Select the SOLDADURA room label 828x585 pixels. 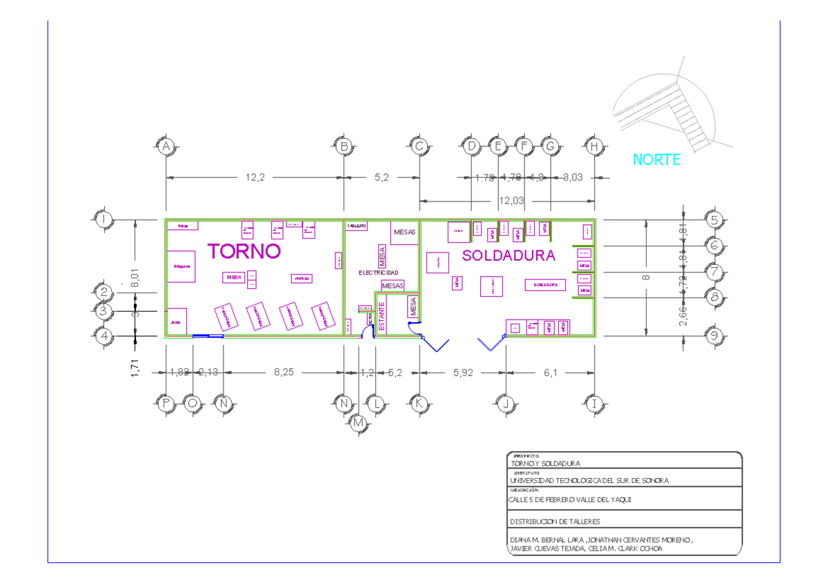tap(509, 255)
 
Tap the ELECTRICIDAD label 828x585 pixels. tap(378, 272)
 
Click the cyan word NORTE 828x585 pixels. tap(656, 160)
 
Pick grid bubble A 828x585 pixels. tap(166, 146)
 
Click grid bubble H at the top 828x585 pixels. tap(594, 146)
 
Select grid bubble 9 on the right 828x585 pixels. tap(715, 337)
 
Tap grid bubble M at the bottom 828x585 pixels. tap(359, 424)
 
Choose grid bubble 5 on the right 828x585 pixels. tap(715, 220)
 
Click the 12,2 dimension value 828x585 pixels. tap(255, 177)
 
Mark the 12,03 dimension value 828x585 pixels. tap(507, 201)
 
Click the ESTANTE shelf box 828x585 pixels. tap(382, 315)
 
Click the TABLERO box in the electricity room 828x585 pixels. tap(357, 226)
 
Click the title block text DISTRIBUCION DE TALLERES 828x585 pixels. tap(555, 522)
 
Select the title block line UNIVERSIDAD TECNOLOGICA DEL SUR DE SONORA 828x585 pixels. tap(589, 480)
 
